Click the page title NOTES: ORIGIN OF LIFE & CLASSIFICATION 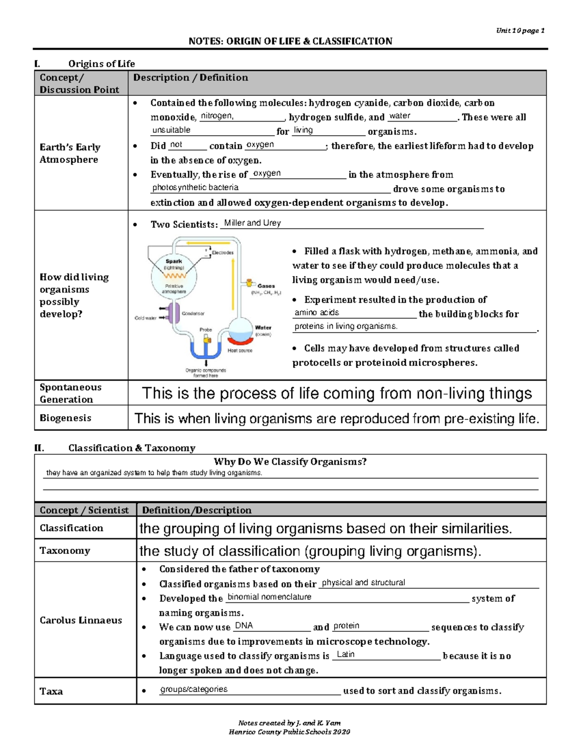point(290,41)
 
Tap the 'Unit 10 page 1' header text point(520,31)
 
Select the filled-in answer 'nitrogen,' point(217,116)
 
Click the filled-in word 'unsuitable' point(171,130)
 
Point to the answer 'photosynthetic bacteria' point(195,187)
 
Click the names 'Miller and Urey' point(252,223)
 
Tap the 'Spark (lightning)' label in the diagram point(174,264)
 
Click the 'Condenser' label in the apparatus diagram point(193,313)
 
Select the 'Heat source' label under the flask point(240,350)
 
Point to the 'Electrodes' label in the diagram point(222,252)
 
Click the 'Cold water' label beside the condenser point(145,318)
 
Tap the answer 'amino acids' point(317,312)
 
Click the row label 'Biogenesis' point(65,418)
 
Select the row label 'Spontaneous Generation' point(70,393)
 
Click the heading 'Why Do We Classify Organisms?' point(290,461)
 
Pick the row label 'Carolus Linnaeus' point(80,620)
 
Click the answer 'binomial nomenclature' point(269,597)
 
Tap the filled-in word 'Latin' point(345,654)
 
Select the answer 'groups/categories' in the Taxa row point(194,689)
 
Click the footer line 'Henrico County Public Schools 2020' point(289,732)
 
